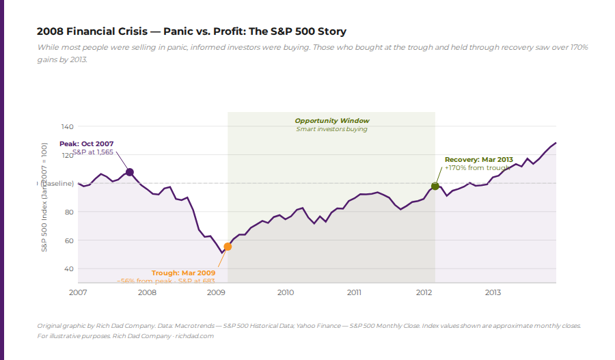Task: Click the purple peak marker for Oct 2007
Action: point(130,172)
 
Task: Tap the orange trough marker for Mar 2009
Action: point(228,247)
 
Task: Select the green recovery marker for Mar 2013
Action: point(435,186)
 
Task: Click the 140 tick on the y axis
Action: point(67,126)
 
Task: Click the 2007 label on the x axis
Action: point(78,292)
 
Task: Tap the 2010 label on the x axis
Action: point(285,292)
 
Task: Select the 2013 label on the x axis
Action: point(493,292)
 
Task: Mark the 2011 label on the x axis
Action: point(354,292)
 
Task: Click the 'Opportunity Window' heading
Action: point(331,121)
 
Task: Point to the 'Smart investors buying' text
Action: point(331,129)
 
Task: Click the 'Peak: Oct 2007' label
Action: point(86,143)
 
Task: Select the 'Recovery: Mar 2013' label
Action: point(478,159)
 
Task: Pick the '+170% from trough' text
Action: point(477,167)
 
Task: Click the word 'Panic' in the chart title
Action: point(178,31)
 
